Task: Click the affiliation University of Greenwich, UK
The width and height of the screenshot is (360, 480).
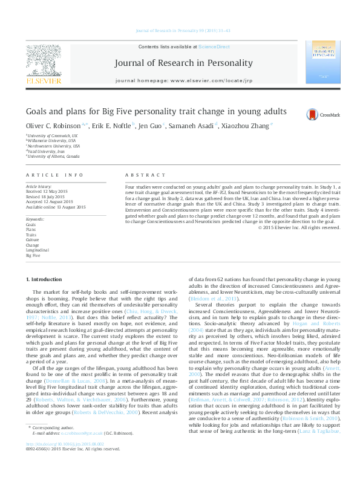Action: tap(52, 136)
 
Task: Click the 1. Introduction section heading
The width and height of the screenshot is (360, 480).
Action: tap(45, 279)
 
